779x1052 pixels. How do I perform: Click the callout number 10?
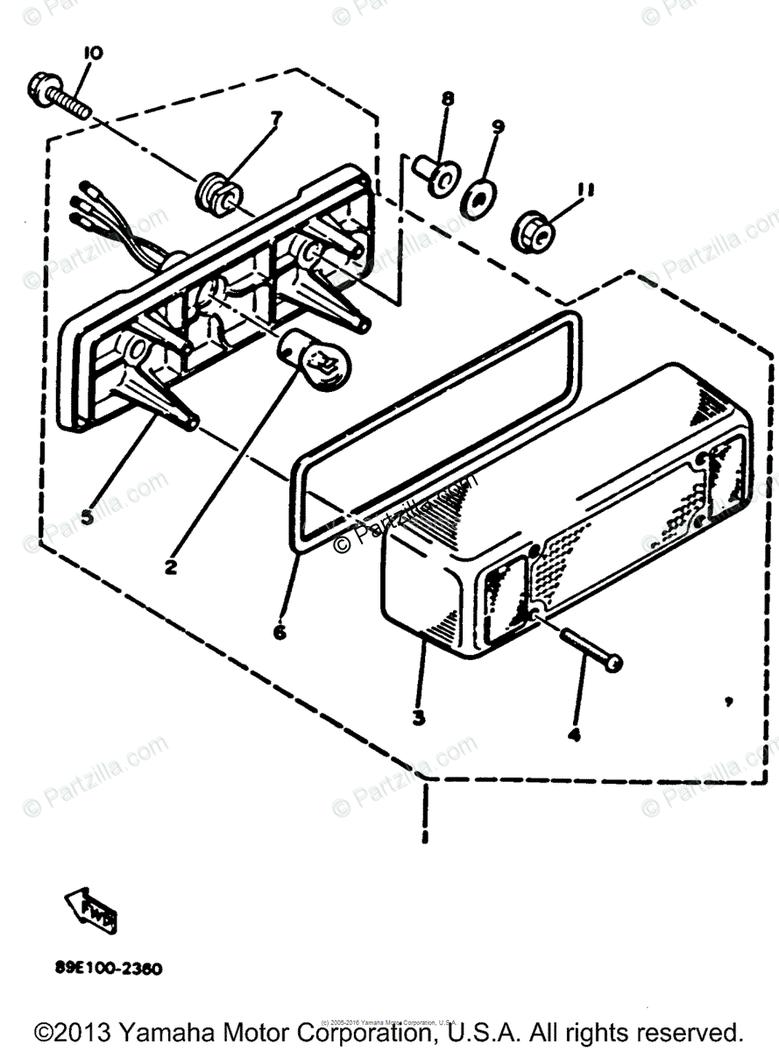click(92, 54)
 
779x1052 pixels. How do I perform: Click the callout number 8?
click(448, 99)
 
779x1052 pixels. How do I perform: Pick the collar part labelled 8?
click(436, 173)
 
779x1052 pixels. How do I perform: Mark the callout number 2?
click(171, 566)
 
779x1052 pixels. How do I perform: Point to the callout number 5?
click(86, 516)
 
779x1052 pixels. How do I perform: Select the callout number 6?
click(280, 630)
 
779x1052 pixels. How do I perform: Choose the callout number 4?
click(574, 735)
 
